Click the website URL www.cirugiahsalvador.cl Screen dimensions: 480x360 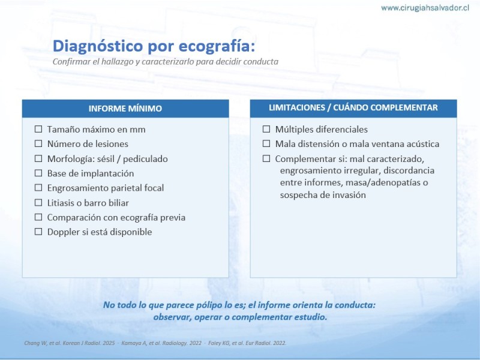(x=425, y=8)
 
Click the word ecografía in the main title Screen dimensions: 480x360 (x=217, y=46)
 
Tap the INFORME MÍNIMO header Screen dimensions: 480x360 (x=125, y=109)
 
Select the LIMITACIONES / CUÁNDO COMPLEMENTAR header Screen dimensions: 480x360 (x=353, y=108)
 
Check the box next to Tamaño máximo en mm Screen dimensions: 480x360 (x=38, y=129)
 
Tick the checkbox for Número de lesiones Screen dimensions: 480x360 (x=38, y=143)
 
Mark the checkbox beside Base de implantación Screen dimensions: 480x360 (x=38, y=173)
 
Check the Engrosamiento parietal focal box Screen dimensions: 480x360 (x=38, y=187)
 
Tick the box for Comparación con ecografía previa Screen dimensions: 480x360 (x=38, y=217)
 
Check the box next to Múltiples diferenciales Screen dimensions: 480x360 (x=266, y=129)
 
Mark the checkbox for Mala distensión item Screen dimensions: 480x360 (x=266, y=143)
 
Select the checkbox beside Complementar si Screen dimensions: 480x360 (x=266, y=158)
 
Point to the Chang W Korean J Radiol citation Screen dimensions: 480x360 (x=70, y=343)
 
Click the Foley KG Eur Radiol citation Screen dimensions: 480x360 (x=247, y=343)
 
